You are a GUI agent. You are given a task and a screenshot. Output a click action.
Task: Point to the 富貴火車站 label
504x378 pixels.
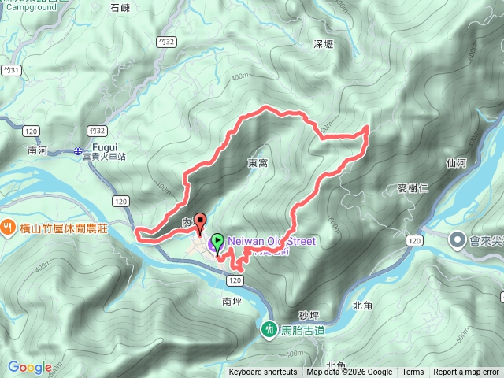point(103,157)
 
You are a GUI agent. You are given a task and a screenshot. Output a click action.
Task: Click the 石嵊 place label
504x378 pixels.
point(120,8)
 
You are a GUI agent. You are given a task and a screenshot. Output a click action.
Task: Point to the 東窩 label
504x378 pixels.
point(258,163)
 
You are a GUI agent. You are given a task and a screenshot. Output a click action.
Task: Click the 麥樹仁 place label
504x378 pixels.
point(413,188)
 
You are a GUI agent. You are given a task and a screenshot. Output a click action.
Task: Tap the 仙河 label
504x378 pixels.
point(456,163)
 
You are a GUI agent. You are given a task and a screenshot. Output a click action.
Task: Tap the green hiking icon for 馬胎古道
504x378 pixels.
point(269,330)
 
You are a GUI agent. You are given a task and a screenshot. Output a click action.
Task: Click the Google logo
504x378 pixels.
point(29,367)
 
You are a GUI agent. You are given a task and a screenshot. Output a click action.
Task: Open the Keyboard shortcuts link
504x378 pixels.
point(263,372)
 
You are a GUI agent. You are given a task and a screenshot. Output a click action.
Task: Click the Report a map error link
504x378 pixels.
point(466,372)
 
